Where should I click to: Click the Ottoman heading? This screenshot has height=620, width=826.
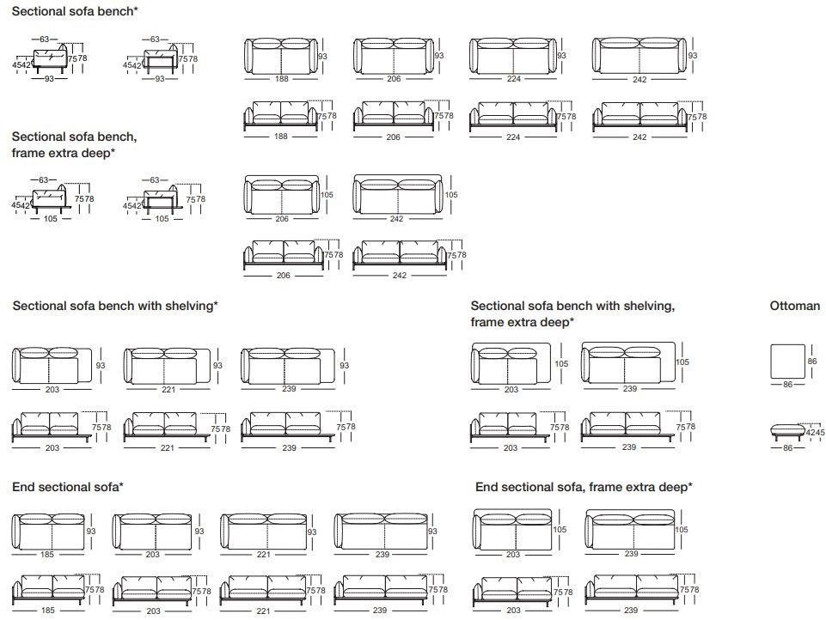pos(794,306)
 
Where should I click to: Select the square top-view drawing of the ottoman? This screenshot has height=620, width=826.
pos(787,362)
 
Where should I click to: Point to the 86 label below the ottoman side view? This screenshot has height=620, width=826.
pos(786,448)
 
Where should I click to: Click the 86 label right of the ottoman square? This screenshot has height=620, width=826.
pos(813,362)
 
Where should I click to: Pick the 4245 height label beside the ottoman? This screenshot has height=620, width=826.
pos(815,432)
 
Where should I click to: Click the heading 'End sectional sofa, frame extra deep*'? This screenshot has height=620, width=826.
pos(584,487)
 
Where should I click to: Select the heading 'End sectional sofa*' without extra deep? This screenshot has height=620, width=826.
pos(68,487)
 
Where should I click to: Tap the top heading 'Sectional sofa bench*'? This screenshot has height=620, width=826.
pos(74,12)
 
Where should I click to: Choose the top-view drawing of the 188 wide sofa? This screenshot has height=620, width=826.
pos(281,56)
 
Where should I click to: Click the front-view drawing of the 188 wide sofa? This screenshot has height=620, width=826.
pos(281,116)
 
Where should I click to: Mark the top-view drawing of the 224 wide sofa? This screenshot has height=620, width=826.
pos(512,56)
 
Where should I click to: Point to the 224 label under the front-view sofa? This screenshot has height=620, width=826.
pos(513,137)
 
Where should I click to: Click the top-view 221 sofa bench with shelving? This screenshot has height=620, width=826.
pos(168,367)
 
